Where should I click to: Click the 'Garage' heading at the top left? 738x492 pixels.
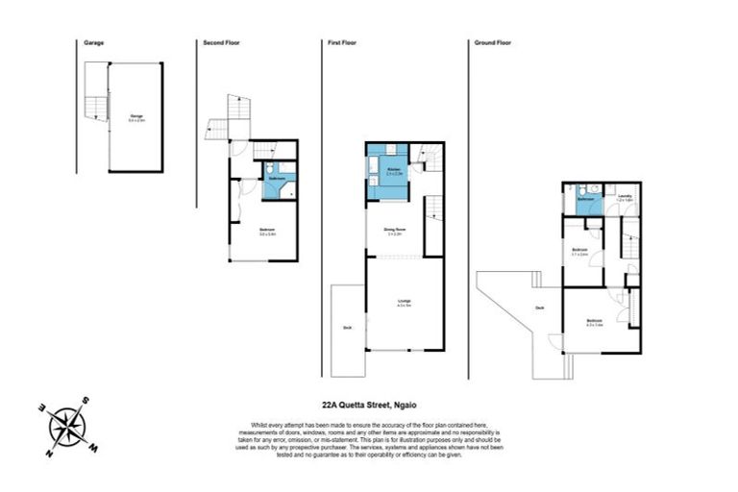click(93, 43)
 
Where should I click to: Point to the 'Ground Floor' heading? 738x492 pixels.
click(492, 43)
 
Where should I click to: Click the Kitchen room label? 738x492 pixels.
click(393, 170)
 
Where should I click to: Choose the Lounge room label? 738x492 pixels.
click(405, 303)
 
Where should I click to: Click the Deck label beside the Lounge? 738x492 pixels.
click(347, 327)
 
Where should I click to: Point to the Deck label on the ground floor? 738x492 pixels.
click(540, 307)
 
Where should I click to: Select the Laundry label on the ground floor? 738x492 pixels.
click(623, 198)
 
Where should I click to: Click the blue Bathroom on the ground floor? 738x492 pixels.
click(582, 201)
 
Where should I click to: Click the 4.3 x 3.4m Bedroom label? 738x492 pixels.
click(595, 322)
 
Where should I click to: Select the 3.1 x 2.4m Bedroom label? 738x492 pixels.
click(579, 253)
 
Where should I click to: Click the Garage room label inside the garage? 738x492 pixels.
click(137, 118)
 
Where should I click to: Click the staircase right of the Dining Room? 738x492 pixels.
click(433, 210)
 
